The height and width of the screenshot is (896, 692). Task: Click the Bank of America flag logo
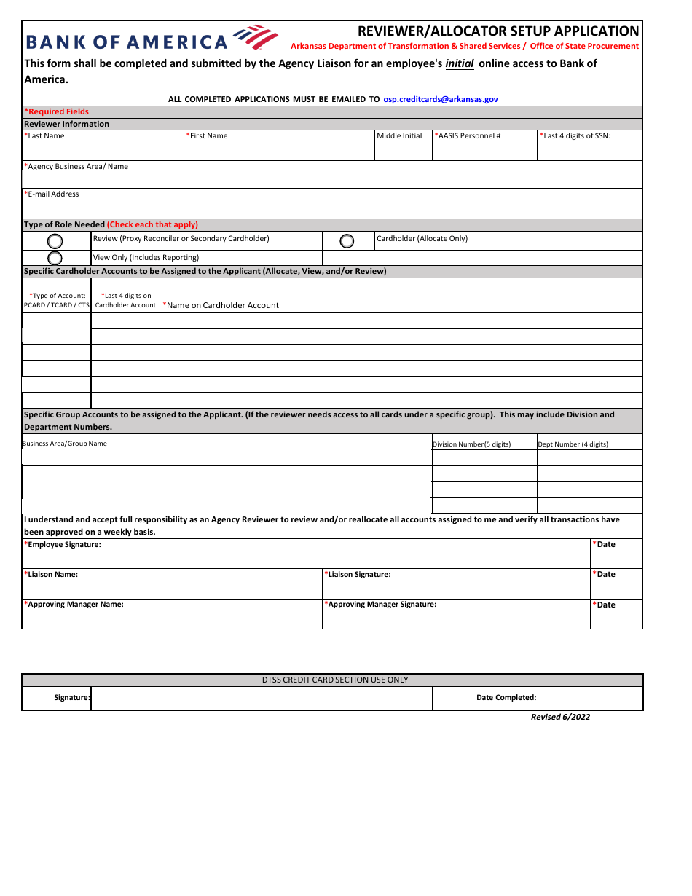pyautogui.click(x=255, y=37)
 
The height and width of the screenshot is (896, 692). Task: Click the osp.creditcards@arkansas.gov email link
pyautogui.click(x=441, y=99)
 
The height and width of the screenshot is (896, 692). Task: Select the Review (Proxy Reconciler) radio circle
pyautogui.click(x=55, y=241)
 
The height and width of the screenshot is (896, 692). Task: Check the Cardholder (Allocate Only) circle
pyautogui.click(x=347, y=241)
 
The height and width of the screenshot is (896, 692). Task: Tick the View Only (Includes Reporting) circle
pyautogui.click(x=55, y=258)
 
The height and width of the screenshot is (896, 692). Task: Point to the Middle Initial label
pyautogui.click(x=399, y=136)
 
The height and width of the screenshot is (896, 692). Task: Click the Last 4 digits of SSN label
pyautogui.click(x=575, y=136)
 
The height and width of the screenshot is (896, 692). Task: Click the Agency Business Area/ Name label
pyautogui.click(x=76, y=167)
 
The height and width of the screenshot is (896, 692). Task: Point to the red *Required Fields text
pyautogui.click(x=57, y=111)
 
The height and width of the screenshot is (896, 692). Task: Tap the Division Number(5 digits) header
pyautogui.click(x=471, y=444)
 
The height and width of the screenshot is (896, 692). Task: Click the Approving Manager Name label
pyautogui.click(x=74, y=605)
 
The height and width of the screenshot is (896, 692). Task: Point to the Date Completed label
pyautogui.click(x=506, y=698)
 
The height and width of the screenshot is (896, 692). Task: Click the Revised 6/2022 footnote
pyautogui.click(x=560, y=718)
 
